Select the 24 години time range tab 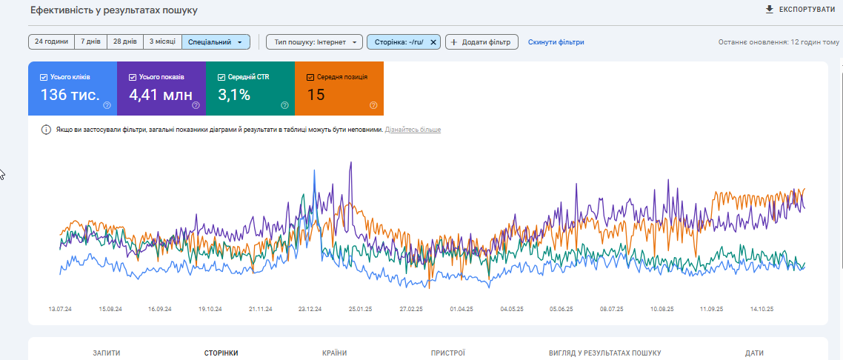click(x=51, y=42)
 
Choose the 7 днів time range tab click(x=91, y=42)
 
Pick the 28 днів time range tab click(x=125, y=42)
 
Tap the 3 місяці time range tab click(x=162, y=42)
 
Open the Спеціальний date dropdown click(x=216, y=42)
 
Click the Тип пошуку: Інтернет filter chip click(x=314, y=42)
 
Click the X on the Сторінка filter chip click(x=433, y=42)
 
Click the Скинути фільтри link click(x=556, y=42)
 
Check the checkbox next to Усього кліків click(x=44, y=77)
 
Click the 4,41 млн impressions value click(x=160, y=95)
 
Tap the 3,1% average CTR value click(x=234, y=95)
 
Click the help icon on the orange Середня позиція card click(x=373, y=105)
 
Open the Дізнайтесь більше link click(x=413, y=130)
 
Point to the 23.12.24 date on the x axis click(x=310, y=309)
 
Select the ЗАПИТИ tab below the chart click(x=107, y=353)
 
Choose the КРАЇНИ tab click(x=334, y=353)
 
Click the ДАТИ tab click(x=754, y=353)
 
